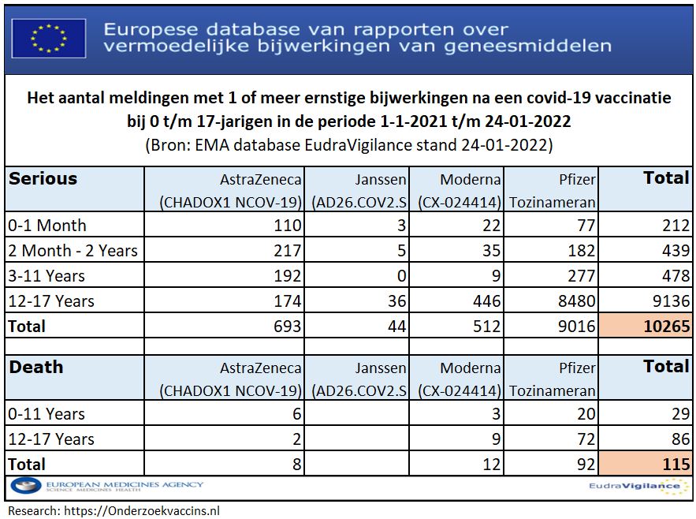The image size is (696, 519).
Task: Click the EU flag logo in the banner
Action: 49,37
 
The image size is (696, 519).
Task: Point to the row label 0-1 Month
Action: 47,225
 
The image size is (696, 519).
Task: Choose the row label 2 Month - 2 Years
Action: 73,251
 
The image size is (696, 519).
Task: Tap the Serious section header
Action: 43,178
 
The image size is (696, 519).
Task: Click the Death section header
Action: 36,367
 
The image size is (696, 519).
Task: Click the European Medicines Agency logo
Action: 106,487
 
